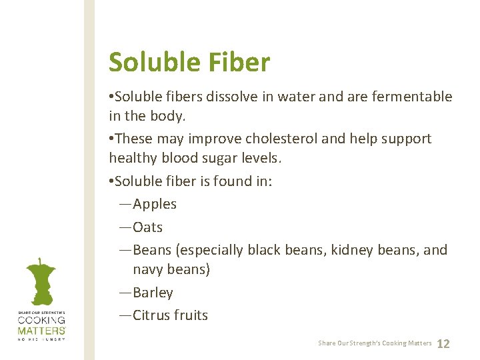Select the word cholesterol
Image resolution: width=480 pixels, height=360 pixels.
pyautogui.click(x=283, y=139)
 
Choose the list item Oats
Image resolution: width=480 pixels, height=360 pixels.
pyautogui.click(x=147, y=227)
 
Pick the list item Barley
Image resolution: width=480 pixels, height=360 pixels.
pyautogui.click(x=153, y=293)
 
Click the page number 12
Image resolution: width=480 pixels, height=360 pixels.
pyautogui.click(x=443, y=344)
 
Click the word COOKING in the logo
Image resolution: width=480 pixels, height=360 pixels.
pyautogui.click(x=41, y=321)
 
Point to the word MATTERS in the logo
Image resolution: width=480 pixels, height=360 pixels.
pyautogui.click(x=41, y=330)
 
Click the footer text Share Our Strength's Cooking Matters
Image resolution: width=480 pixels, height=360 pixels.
pyautogui.click(x=375, y=343)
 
